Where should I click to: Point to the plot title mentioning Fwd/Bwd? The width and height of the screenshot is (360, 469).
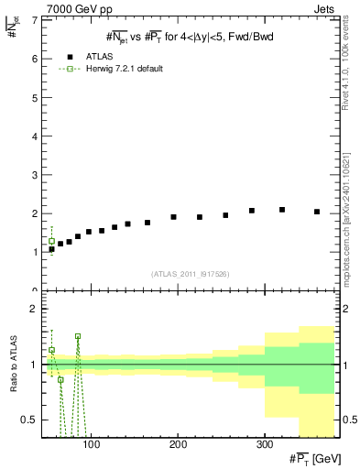tap(188, 36)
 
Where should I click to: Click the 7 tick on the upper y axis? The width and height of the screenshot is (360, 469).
tap(34, 19)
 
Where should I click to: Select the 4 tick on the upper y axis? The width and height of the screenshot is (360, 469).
tap(34, 136)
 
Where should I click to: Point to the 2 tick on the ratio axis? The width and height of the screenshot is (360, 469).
tap(34, 309)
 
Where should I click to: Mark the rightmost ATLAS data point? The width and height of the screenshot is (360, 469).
tap(317, 212)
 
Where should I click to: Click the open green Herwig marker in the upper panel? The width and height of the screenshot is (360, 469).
tap(51, 242)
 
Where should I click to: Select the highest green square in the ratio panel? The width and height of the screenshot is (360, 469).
tap(78, 336)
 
